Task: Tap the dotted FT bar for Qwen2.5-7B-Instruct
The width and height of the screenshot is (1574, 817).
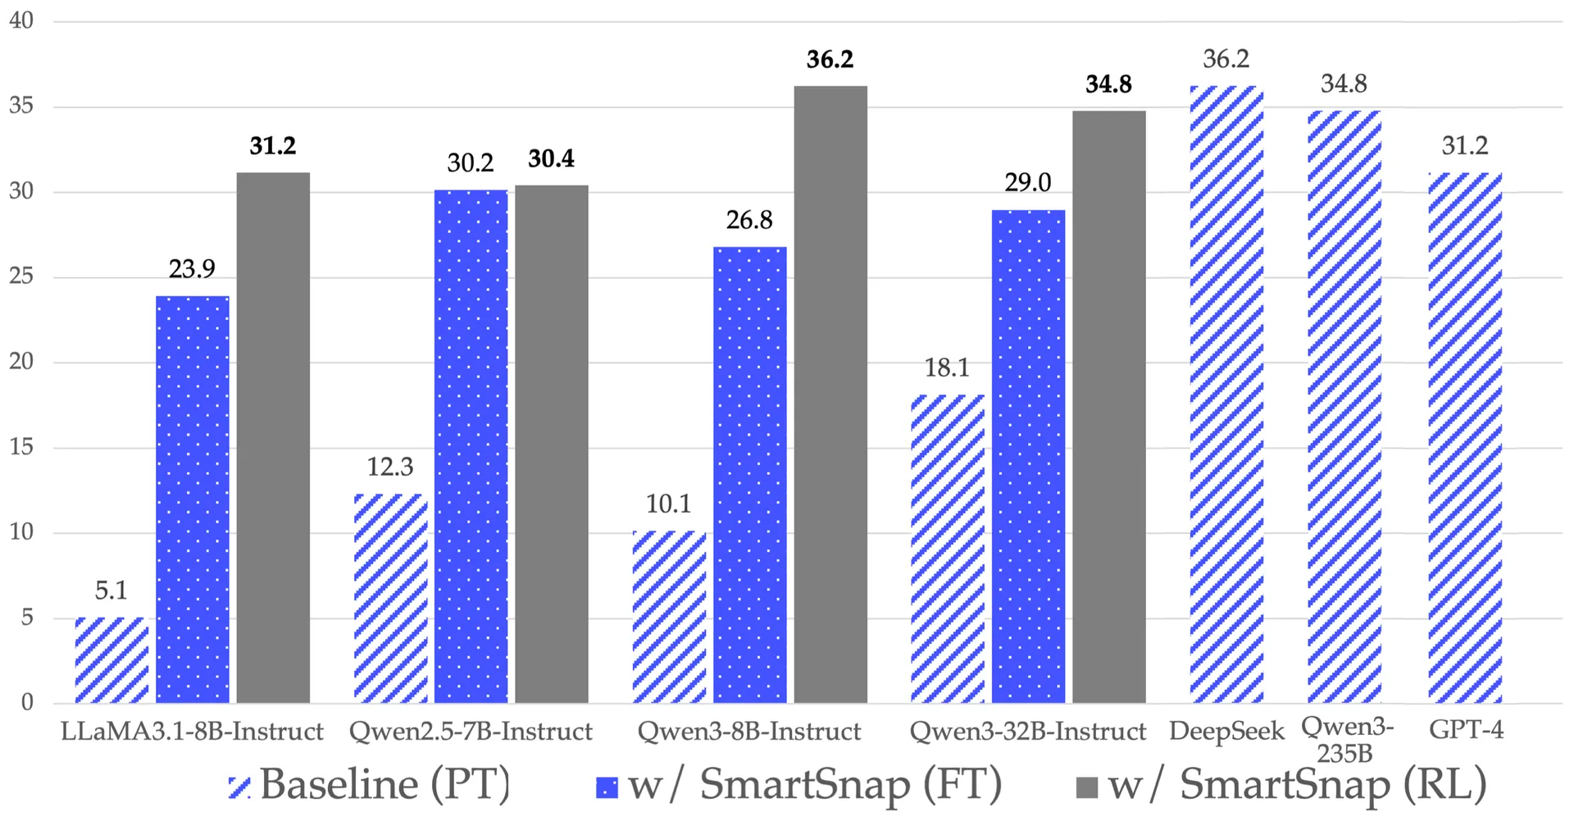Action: [x=471, y=446]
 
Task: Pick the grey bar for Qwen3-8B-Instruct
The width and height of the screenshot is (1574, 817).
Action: [x=830, y=394]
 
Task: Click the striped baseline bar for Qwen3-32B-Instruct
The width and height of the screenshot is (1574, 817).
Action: [x=948, y=549]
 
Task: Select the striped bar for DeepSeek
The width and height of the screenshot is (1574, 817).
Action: [x=1226, y=394]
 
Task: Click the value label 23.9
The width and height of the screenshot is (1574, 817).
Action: [x=192, y=269]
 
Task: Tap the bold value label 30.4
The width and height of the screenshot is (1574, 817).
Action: [x=551, y=158]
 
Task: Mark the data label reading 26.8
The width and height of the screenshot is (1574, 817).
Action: [x=749, y=220]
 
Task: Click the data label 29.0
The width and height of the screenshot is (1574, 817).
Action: [x=1027, y=182]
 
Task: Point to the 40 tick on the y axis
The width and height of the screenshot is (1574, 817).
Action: [x=21, y=21]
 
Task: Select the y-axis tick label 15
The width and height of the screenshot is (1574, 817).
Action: [x=21, y=447]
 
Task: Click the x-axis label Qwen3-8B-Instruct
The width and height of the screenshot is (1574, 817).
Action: [x=749, y=731]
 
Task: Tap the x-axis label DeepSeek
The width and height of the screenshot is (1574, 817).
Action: [x=1226, y=731]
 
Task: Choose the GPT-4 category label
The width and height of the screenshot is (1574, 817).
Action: [x=1466, y=729]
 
